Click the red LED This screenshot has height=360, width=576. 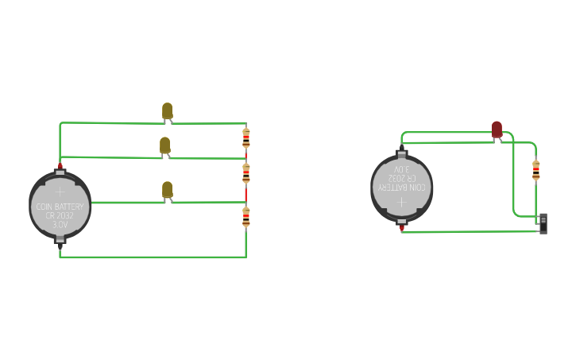(x=497, y=129)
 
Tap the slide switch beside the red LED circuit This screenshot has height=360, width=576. (x=543, y=223)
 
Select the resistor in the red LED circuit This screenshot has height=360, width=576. (x=536, y=170)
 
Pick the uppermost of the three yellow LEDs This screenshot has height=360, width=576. (x=167, y=110)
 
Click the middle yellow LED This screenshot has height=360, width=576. (x=164, y=145)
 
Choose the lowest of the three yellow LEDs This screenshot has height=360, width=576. (x=167, y=189)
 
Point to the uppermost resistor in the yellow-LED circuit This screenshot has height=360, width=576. (x=246, y=138)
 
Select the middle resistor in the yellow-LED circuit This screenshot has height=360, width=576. (x=246, y=172)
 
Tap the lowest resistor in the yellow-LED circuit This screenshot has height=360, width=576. (x=246, y=216)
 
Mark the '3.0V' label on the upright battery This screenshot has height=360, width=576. (x=60, y=225)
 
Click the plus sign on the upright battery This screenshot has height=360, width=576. (x=60, y=192)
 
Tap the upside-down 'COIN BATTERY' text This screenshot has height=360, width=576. (x=402, y=188)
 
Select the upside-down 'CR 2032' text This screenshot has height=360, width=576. (x=402, y=179)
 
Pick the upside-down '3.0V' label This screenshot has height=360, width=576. (x=402, y=169)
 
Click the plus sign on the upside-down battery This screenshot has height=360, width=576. (x=402, y=203)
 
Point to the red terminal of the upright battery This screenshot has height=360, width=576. (x=60, y=166)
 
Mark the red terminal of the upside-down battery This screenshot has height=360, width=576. (x=402, y=229)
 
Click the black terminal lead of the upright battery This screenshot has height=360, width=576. (x=60, y=248)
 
